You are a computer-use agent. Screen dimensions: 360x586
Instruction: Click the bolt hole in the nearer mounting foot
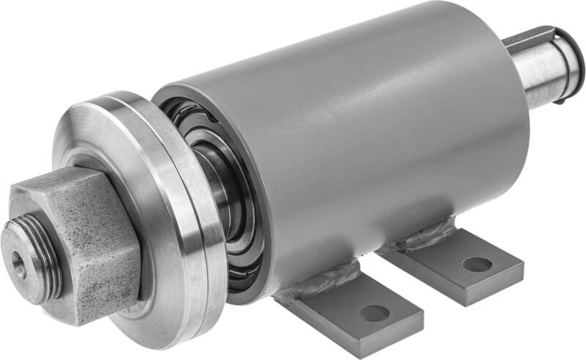click(x=374, y=314)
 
